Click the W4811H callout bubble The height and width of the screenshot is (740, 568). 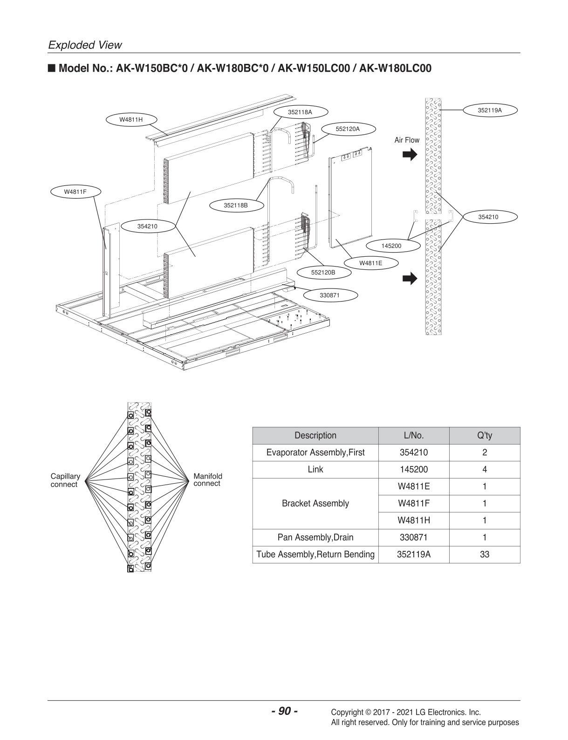tap(131, 119)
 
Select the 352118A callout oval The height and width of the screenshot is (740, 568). tap(300, 112)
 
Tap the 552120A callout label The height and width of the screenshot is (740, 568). tap(348, 129)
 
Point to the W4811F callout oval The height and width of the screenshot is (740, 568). tap(75, 192)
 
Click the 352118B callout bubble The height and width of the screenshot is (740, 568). tap(235, 205)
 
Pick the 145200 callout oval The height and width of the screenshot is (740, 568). tap(391, 246)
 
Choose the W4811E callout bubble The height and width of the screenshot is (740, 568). tap(370, 263)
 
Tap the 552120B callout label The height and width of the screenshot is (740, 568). tap(323, 272)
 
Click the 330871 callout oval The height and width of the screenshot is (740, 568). tap(329, 295)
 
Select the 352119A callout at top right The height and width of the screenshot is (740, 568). tap(490, 110)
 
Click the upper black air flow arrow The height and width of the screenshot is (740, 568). tap(410, 155)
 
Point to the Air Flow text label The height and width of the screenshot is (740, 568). tap(407, 140)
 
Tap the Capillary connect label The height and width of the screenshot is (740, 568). tap(65, 480)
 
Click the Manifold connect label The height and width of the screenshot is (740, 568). tap(208, 480)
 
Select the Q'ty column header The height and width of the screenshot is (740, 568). tap(484, 436)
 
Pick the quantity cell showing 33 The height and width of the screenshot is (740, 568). tap(484, 555)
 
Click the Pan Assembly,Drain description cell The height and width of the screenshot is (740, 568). tap(315, 537)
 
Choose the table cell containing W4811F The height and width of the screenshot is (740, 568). tap(413, 503)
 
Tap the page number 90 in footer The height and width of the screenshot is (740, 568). tap(284, 711)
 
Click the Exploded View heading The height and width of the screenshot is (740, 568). tap(85, 45)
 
